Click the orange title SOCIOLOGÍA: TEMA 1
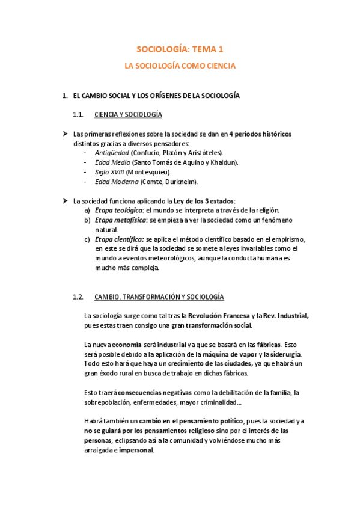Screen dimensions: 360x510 (180, 51)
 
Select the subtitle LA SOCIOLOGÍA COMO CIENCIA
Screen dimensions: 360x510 (180, 66)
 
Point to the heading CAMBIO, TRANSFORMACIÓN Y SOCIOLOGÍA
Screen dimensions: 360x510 (159, 296)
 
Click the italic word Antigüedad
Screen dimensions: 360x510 (112, 153)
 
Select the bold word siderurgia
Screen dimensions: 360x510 (283, 354)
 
